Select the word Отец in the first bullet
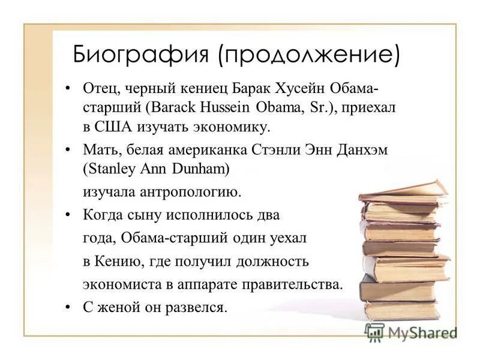pos(101,89)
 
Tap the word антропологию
pos(191,192)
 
